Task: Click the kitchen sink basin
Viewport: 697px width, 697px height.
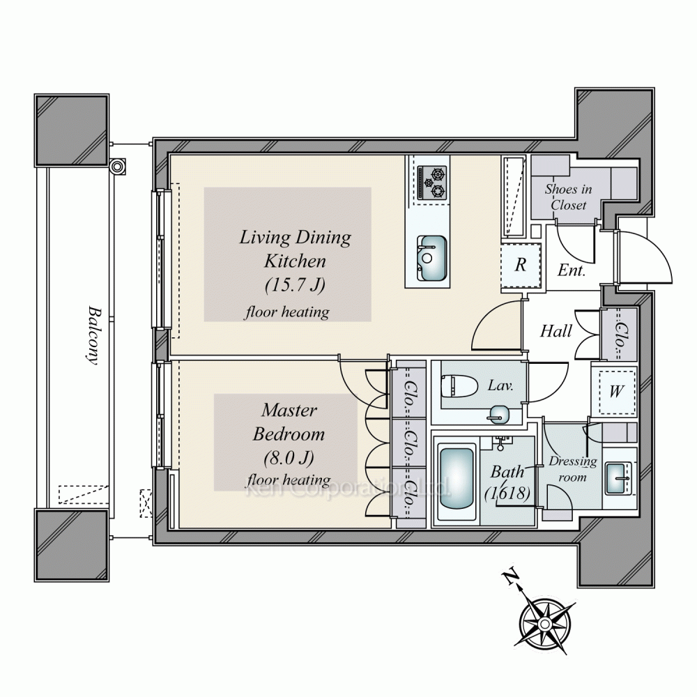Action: tap(431, 259)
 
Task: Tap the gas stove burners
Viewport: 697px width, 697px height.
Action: tap(432, 183)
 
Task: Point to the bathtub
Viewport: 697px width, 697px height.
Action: tap(456, 478)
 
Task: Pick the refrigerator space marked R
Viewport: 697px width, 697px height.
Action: tap(521, 266)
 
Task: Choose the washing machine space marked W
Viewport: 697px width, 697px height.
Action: tap(616, 392)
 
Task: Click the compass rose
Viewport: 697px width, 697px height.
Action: tap(544, 623)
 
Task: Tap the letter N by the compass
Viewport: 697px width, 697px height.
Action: tap(511, 577)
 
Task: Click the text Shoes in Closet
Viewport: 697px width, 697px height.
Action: tap(569, 197)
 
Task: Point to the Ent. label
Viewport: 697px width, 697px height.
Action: tap(572, 270)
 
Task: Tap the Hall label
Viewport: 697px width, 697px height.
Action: tap(556, 331)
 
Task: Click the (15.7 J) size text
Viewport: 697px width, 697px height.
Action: tap(295, 284)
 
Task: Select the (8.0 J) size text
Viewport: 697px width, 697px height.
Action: tap(289, 457)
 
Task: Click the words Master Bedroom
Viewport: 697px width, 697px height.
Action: tap(289, 422)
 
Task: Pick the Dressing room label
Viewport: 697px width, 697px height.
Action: tap(572, 469)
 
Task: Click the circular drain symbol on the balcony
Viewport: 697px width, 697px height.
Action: tap(117, 167)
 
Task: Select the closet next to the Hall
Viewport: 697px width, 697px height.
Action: tap(619, 335)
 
